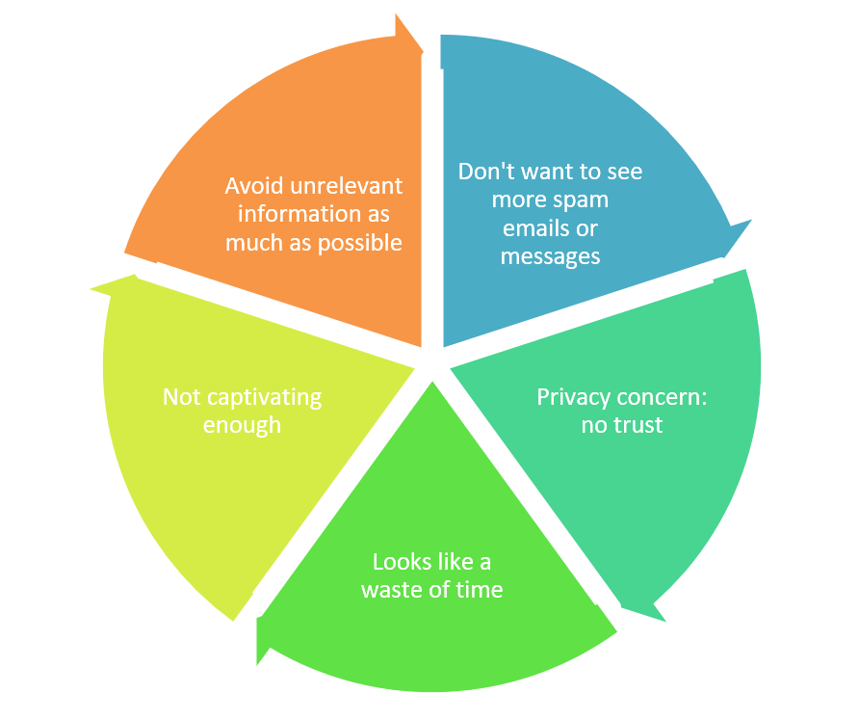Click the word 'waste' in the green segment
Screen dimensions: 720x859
396,590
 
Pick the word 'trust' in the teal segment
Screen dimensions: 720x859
637,425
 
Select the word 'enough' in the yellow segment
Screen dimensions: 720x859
242,425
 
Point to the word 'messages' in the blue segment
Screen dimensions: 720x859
550,256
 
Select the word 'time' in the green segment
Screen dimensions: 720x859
481,590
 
